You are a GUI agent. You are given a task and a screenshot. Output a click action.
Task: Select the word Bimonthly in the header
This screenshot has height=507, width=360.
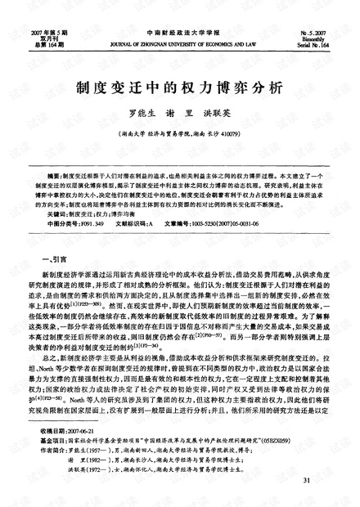tap(322, 17)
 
